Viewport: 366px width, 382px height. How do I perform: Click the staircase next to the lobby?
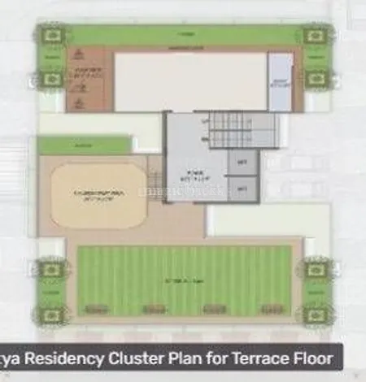pos(237,130)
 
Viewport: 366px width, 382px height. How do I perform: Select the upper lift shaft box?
pos(242,163)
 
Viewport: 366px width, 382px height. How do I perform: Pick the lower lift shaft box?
pos(242,189)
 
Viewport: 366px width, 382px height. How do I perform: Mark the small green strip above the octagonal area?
pos(85,145)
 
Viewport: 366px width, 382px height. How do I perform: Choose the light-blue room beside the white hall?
pos(280,81)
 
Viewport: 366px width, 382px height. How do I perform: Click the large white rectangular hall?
pos(190,81)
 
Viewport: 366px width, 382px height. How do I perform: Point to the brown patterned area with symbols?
pos(86,81)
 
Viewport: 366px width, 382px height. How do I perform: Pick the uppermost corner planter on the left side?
pos(52,35)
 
